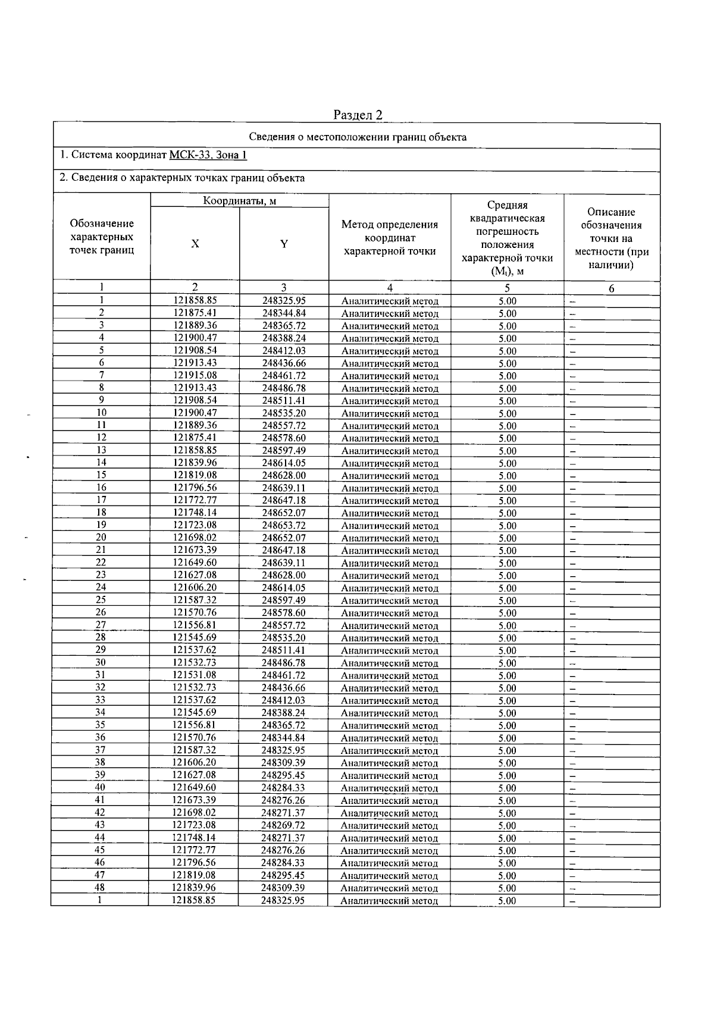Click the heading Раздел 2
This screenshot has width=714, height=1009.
358,114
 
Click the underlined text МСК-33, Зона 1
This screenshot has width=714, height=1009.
208,155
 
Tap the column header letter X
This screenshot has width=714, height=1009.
195,244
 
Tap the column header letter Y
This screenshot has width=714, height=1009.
284,244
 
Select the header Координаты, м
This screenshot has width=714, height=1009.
240,201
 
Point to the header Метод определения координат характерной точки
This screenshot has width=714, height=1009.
389,238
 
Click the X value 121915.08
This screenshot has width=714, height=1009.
195,375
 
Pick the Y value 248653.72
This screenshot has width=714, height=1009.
284,525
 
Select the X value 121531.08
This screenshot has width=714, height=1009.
195,675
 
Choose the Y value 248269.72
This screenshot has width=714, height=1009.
283,825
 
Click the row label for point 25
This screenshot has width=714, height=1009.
101,600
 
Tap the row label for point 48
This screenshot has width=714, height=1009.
100,888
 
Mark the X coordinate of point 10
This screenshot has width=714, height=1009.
195,413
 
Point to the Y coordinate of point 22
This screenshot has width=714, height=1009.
284,562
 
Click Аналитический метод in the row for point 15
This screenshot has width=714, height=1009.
390,476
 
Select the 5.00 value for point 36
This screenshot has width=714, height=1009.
507,738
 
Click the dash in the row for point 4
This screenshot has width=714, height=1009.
572,338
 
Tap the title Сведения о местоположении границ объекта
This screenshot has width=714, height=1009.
357,137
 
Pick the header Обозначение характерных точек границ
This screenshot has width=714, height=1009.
102,237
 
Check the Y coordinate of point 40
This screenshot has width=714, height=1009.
283,788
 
